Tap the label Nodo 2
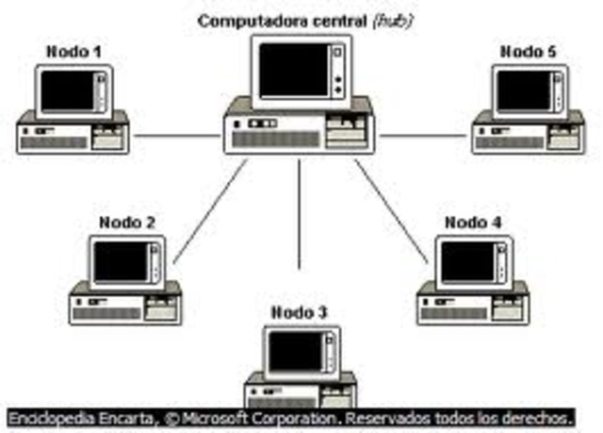tap(128, 223)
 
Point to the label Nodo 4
tap(472, 223)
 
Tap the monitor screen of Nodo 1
tap(68, 91)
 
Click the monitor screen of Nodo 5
tap(523, 91)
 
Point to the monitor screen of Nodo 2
tap(122, 262)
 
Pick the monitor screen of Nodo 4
tap(467, 262)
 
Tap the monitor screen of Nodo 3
tap(296, 351)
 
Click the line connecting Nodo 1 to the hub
tap(176, 135)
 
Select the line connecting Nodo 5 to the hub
tap(424, 135)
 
